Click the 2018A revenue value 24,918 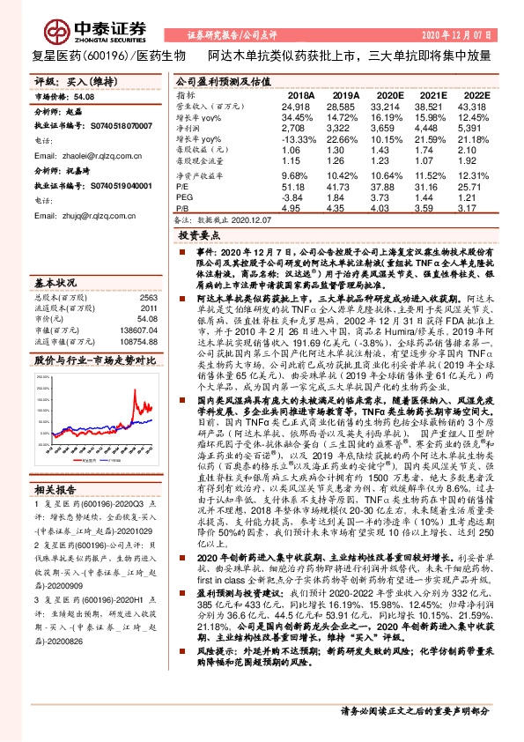click(x=297, y=105)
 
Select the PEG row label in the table click(x=185, y=198)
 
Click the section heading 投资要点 click(x=197, y=237)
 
